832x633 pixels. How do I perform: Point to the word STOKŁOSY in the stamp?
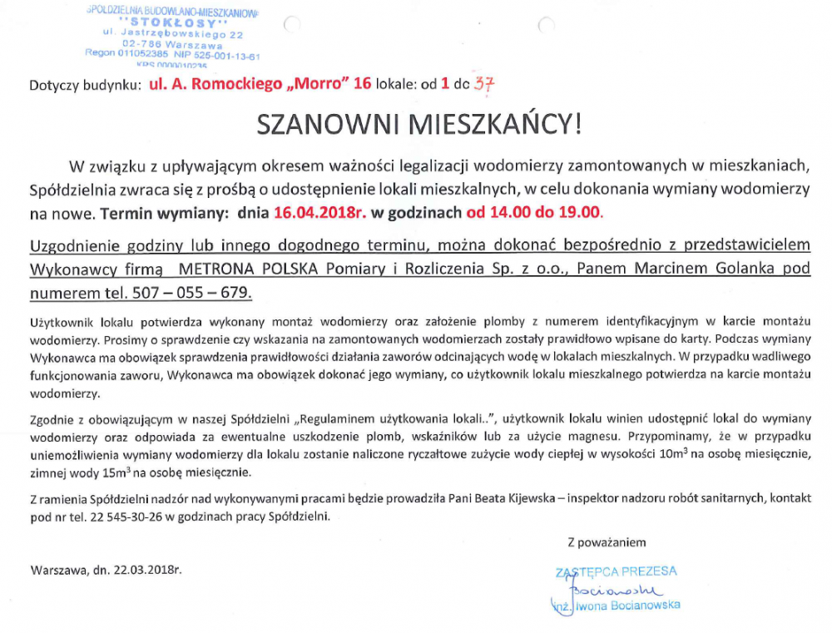click(x=173, y=22)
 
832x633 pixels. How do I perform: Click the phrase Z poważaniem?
click(x=607, y=542)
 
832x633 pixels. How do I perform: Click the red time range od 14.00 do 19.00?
click(x=533, y=212)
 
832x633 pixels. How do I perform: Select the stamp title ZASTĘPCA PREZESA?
click(x=616, y=571)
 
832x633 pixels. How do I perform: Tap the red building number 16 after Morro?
click(x=362, y=85)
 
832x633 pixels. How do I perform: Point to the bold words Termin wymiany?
click(x=164, y=212)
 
